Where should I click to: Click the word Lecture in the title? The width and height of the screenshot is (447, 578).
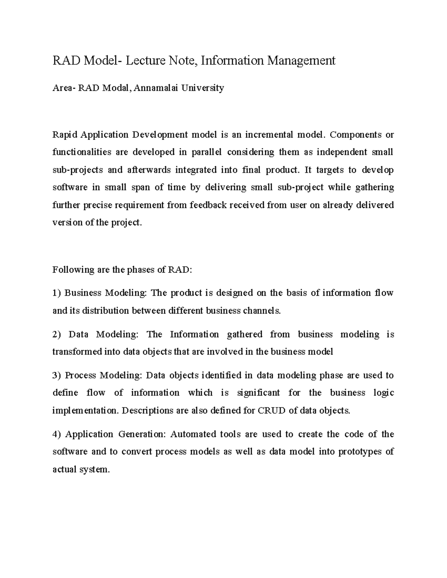click(143, 60)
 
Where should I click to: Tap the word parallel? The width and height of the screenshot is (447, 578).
click(206, 152)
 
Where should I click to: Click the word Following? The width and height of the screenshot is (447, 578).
click(73, 270)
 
